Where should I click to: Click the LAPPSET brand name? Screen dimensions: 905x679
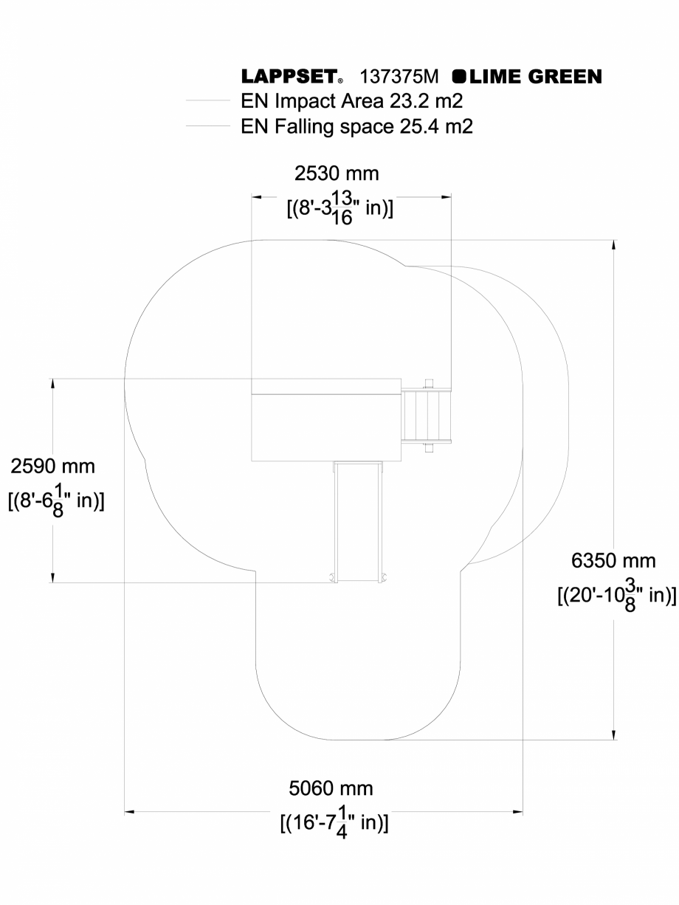click(x=290, y=77)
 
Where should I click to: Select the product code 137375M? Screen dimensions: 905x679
click(x=399, y=77)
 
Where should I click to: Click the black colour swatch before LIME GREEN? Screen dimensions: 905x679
click(x=458, y=77)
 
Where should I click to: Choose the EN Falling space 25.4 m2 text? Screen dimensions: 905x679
click(x=356, y=126)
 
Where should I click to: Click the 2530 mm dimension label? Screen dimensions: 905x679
click(x=337, y=174)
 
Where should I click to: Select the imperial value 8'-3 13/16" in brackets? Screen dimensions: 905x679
click(x=339, y=208)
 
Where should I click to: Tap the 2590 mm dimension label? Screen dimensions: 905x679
click(x=52, y=467)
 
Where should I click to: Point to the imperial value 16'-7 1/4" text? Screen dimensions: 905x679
click(x=334, y=822)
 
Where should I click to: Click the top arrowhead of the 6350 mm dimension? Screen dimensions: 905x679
click(x=613, y=244)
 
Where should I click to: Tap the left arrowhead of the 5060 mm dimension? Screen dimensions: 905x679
click(x=129, y=813)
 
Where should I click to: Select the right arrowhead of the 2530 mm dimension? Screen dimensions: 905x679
click(x=446, y=197)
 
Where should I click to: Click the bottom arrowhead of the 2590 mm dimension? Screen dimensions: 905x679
click(x=52, y=578)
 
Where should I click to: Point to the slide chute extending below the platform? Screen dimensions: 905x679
click(x=358, y=520)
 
